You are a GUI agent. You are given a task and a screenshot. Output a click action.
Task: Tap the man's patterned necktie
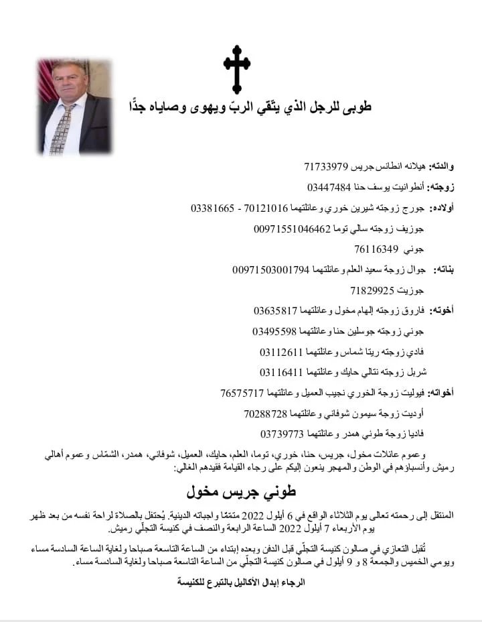coord(63,127)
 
